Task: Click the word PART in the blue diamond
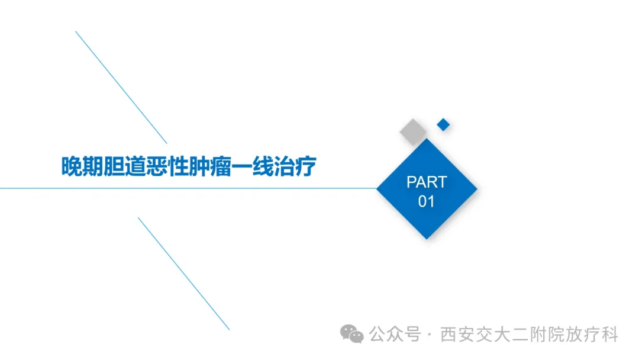427,182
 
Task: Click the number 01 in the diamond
426,201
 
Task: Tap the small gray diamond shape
413,131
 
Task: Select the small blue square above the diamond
443,125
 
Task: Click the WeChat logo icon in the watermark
351,334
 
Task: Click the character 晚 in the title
72,166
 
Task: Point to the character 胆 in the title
115,166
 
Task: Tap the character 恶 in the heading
157,166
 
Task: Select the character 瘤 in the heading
221,166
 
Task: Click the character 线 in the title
263,166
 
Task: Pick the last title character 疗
306,166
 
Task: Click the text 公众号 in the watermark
395,335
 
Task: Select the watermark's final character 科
609,335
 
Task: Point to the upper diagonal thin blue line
121,87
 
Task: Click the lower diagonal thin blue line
184,274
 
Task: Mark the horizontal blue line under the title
188,188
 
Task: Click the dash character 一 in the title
242,166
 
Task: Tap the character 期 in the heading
93,166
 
